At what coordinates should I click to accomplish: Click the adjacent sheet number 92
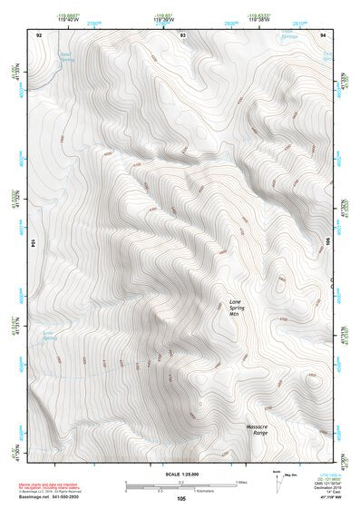(x=39, y=34)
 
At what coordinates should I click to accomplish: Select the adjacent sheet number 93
(x=182, y=34)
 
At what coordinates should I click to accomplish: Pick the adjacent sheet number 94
(x=324, y=34)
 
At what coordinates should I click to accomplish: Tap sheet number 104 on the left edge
(x=31, y=244)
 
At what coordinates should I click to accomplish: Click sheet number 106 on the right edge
(x=330, y=244)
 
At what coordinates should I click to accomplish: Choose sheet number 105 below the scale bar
(x=180, y=498)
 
